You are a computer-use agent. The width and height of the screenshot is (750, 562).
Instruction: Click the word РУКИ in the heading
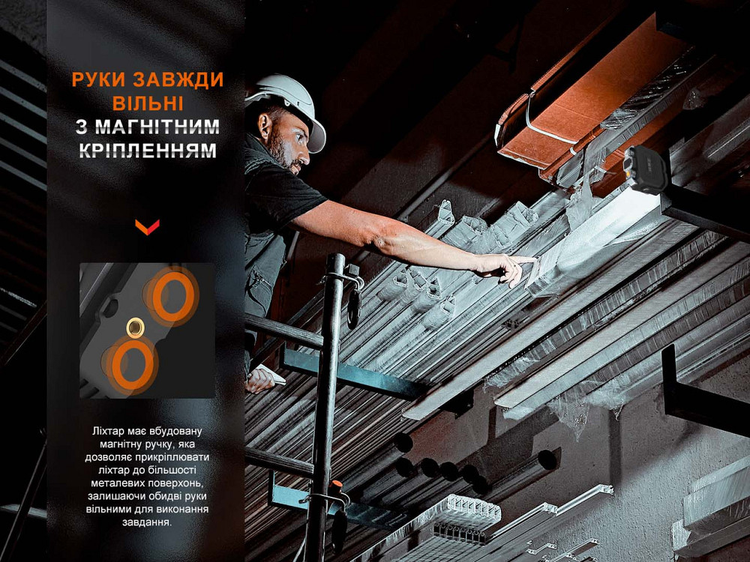(98, 80)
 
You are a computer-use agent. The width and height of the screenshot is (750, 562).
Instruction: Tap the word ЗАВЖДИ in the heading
(178, 80)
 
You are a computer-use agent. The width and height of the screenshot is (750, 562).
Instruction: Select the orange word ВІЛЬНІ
(148, 103)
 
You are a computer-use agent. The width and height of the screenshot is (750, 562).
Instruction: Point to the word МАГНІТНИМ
(157, 127)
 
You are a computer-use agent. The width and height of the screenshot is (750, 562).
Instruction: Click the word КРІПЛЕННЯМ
(148, 150)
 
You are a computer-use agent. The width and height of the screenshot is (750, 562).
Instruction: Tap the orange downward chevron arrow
(147, 227)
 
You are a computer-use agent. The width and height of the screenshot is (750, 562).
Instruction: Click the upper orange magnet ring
(173, 295)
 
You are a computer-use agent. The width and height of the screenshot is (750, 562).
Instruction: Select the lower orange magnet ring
(131, 364)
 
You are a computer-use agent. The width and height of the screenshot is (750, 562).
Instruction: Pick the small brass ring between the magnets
(135, 327)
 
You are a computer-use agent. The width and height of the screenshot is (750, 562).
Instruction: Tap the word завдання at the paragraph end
(147, 522)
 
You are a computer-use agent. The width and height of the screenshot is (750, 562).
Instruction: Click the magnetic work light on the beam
(645, 169)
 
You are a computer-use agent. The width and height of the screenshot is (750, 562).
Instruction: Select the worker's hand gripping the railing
(261, 379)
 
